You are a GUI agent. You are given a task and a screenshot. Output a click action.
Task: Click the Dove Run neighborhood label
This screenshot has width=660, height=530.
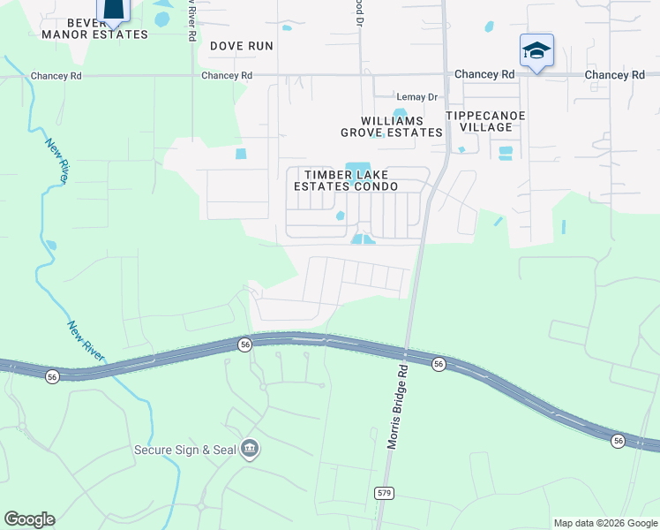coord(241,45)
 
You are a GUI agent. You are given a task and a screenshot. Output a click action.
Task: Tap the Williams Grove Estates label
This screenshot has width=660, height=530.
coord(392,126)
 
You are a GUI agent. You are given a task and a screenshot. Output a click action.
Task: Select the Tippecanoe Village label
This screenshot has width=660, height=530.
coord(486,121)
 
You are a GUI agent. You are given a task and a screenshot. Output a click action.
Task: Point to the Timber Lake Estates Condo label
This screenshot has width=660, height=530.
coord(346,180)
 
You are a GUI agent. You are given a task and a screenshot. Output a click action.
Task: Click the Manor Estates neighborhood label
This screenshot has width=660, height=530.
coord(94,34)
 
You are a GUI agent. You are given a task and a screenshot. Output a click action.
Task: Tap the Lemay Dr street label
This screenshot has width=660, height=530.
coord(417,96)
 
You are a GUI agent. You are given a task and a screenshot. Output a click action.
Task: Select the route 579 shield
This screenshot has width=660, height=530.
coord(382,492)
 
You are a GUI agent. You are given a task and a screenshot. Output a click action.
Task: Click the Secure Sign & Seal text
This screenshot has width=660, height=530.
coord(185,450)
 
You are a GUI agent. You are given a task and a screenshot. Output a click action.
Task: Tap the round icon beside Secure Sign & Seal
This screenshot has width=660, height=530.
coord(250,450)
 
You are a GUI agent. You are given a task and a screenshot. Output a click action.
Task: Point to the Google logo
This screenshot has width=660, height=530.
coord(29,519)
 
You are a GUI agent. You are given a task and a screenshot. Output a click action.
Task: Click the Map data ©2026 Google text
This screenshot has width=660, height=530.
coord(605,523)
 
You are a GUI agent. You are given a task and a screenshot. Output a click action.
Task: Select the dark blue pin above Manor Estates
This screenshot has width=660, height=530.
coord(114,9)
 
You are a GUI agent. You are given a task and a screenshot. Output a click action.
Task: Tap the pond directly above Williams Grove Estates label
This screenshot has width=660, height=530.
coord(400,113)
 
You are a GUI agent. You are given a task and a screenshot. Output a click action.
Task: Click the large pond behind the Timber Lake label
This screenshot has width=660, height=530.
coord(357,168)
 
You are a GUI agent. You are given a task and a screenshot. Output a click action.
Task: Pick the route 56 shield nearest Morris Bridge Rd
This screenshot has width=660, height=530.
coord(438,363)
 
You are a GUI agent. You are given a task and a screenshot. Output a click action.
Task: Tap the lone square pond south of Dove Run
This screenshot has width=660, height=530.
coord(241,155)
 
